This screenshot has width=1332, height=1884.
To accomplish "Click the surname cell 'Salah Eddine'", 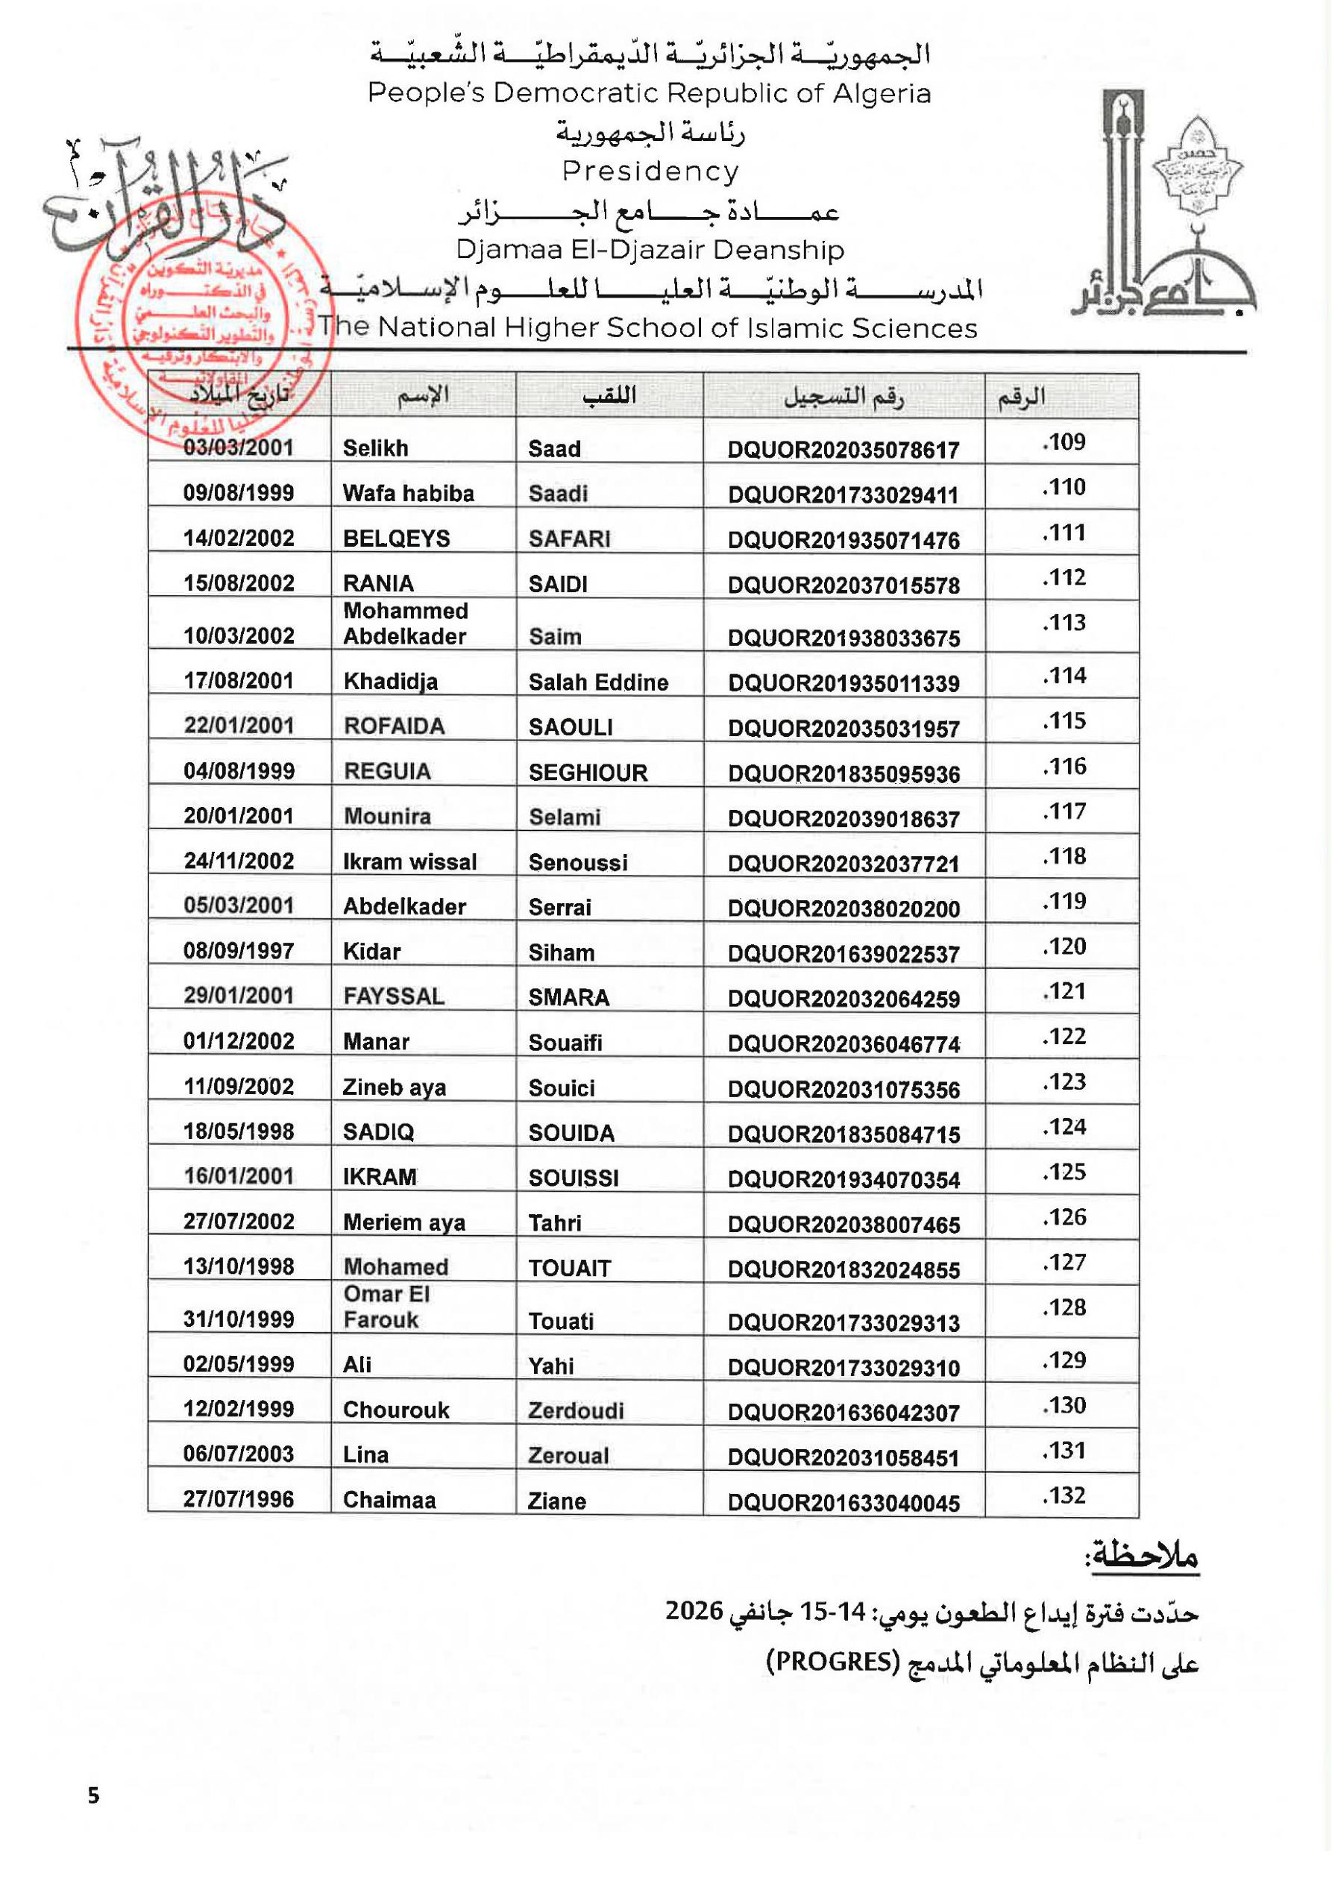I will click(598, 682).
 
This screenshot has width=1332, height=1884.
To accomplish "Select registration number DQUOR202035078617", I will click(843, 450).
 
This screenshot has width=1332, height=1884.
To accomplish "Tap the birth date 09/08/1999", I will click(239, 492).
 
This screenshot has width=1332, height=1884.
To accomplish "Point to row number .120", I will click(1064, 946).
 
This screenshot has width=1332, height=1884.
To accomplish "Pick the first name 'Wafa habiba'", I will click(409, 493).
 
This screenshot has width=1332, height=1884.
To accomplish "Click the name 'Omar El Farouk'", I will click(386, 1306).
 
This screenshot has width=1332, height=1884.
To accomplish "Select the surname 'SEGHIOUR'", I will click(588, 772).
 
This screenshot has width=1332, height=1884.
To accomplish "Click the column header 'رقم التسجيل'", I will click(843, 396).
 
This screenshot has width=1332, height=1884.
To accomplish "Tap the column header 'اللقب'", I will click(609, 396).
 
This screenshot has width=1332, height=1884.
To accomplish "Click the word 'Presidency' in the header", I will click(650, 172).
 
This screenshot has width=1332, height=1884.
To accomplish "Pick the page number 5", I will click(93, 1795).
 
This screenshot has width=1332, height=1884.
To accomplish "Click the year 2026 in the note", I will click(694, 1611).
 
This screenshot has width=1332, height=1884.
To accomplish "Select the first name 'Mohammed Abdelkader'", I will click(406, 624).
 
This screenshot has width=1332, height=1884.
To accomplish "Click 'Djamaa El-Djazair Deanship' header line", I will click(650, 249).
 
